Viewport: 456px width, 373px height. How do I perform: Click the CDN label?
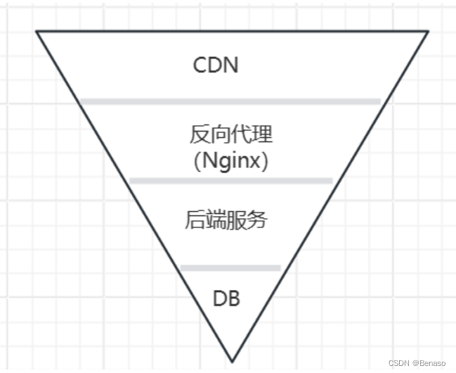point(216,65)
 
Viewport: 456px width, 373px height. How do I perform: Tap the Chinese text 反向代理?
point(230,134)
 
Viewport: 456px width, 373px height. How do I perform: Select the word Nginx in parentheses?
point(231,161)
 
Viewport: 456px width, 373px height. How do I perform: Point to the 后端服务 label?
point(226,220)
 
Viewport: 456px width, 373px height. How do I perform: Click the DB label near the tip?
point(226,298)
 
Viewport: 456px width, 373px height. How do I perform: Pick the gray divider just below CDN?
point(230,101)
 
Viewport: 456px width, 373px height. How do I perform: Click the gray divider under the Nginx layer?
point(230,181)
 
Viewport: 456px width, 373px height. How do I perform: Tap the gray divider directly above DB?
point(230,267)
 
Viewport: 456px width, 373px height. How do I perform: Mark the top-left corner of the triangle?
point(37,32)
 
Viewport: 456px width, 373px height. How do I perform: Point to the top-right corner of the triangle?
point(427,32)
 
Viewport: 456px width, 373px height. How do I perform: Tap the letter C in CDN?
point(200,65)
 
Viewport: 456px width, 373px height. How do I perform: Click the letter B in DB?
point(233,298)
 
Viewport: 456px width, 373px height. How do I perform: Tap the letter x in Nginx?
point(256,163)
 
